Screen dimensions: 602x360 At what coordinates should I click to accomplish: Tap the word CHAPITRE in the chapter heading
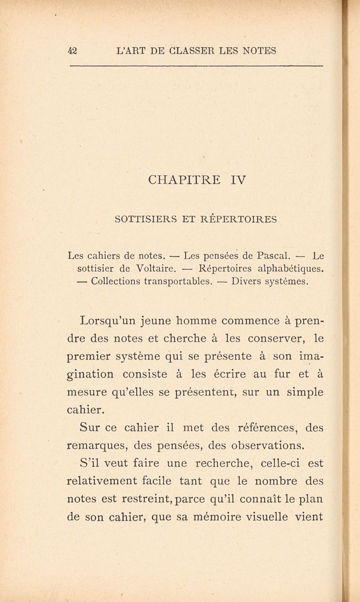click(x=184, y=180)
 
